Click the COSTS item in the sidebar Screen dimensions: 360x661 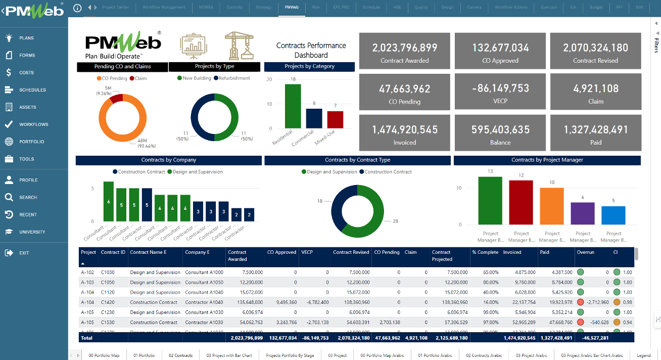tap(26, 72)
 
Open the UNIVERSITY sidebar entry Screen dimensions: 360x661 tap(32, 232)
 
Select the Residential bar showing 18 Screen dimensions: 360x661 tap(293, 106)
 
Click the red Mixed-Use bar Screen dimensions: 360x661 tap(335, 119)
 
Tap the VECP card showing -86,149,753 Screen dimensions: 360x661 tap(500, 92)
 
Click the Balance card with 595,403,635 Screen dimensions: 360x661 tap(500, 133)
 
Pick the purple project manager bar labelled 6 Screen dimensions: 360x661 tap(583, 213)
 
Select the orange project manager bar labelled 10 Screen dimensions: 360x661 tap(552, 206)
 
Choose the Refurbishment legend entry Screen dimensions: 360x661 tap(234, 78)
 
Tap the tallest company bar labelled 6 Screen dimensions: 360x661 tap(108, 201)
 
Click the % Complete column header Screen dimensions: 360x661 tap(484, 252)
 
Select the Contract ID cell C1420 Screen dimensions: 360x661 tap(108, 302)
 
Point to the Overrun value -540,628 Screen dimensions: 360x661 tap(598, 322)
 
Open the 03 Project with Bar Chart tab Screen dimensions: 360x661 tap(229, 355)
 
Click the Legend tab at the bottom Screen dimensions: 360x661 tap(643, 355)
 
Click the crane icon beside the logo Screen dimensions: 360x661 tap(239, 46)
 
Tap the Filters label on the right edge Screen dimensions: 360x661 tap(656, 45)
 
